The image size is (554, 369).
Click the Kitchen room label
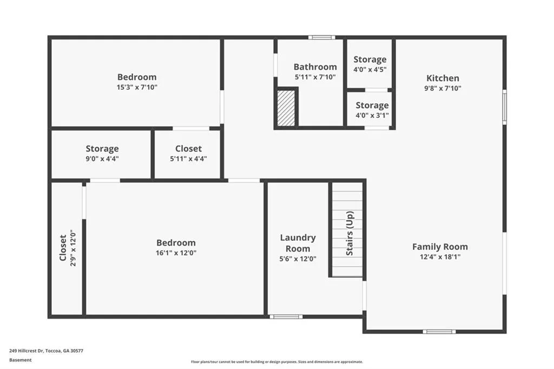[x=443, y=78]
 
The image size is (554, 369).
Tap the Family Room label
[x=440, y=247]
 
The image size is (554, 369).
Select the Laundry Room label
[x=298, y=243]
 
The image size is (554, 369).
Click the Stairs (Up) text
[x=349, y=233]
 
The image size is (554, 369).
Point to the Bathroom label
[x=315, y=67]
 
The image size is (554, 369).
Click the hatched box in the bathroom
[x=286, y=108]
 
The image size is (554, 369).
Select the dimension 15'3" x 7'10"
[x=137, y=87]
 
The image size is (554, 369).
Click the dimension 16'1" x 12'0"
[x=176, y=253]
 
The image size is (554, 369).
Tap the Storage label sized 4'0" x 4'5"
[x=370, y=60]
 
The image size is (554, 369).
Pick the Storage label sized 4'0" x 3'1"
[x=372, y=106]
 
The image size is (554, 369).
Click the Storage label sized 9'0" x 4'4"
[x=102, y=149]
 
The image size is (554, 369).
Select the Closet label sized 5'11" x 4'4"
[x=188, y=149]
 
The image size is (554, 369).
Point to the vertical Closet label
[x=63, y=248]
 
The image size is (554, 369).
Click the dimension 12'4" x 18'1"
[x=440, y=257]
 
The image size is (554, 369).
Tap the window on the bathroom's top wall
[x=322, y=37]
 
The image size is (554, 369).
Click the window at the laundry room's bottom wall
[x=286, y=317]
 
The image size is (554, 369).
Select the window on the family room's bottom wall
[x=439, y=331]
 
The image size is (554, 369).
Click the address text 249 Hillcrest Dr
[x=46, y=351]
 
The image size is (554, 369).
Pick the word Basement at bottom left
[x=20, y=360]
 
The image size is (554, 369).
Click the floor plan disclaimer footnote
[x=276, y=362]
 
